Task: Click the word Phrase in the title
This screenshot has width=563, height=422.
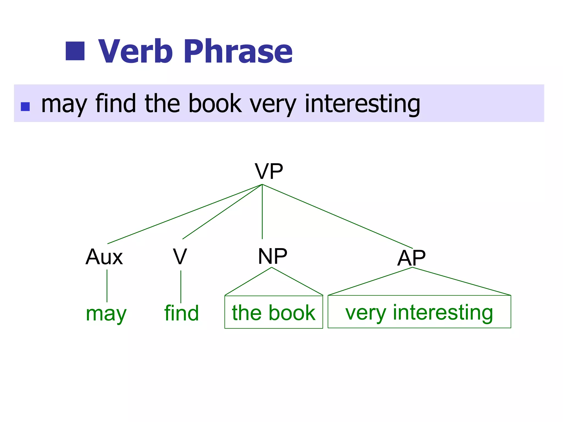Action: click(x=238, y=51)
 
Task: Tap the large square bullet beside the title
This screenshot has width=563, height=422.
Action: click(x=75, y=51)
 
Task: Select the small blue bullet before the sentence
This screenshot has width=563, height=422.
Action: click(x=25, y=107)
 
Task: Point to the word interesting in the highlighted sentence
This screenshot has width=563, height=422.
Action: click(x=362, y=104)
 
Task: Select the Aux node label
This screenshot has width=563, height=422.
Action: click(x=104, y=257)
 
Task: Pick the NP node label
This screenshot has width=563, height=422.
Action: click(x=272, y=256)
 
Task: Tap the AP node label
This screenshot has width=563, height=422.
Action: click(x=411, y=258)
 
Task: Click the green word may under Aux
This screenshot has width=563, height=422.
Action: click(x=106, y=313)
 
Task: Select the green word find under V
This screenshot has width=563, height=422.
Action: click(x=181, y=313)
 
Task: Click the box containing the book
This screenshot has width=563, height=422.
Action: click(x=274, y=312)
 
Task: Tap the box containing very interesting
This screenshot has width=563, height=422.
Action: click(x=419, y=312)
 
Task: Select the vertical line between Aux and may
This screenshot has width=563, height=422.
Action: click(x=107, y=286)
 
